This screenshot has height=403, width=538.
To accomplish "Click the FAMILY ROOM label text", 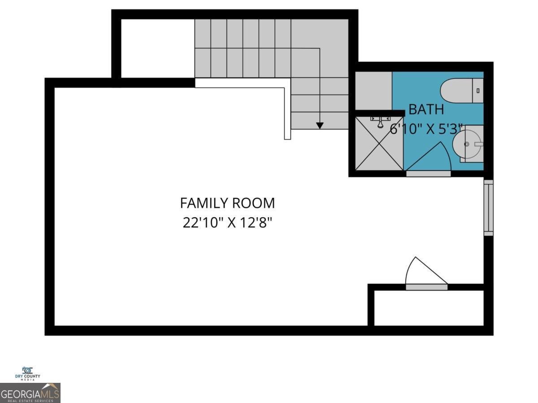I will [x=227, y=203].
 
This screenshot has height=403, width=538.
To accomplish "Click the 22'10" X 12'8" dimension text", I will [x=227, y=223].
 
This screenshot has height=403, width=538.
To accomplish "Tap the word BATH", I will [x=426, y=109].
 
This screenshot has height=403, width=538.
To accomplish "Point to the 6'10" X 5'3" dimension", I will [x=426, y=129].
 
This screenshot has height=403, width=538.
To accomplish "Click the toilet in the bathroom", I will [x=461, y=91].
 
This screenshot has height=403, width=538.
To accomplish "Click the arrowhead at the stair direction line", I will [x=319, y=126].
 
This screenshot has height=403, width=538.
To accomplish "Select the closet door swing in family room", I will [x=424, y=272].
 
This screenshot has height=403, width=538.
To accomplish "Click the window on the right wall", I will [x=488, y=207].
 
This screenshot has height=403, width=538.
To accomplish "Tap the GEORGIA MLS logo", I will [x=30, y=393].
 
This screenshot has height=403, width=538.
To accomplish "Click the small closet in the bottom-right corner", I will [x=429, y=308].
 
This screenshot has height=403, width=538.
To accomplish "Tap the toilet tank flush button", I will [x=478, y=91].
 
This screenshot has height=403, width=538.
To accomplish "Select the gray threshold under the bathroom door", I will [x=428, y=174].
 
